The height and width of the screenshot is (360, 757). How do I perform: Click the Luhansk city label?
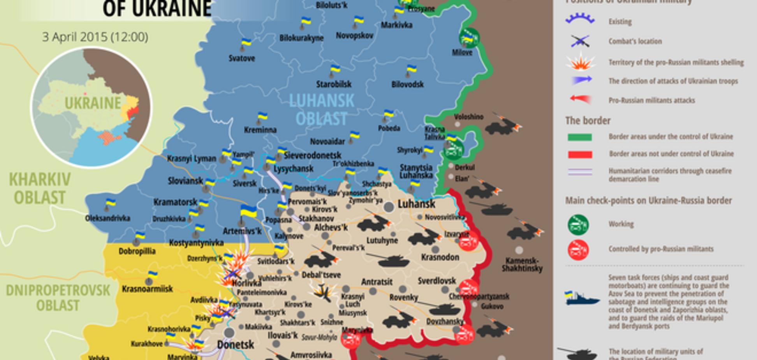tap(416, 204)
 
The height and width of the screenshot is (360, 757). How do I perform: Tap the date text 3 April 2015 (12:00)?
tap(95, 37)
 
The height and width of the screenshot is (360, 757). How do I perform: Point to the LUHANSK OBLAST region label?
tap(321, 109)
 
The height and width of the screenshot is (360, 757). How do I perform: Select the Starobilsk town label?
tap(334, 84)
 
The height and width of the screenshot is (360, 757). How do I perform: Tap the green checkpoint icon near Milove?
tap(468, 38)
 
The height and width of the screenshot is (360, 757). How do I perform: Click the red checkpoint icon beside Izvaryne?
tap(468, 241)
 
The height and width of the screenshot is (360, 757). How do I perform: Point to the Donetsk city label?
tap(236, 344)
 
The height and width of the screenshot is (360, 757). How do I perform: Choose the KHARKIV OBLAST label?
tap(40, 189)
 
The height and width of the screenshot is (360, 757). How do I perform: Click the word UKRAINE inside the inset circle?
tap(93, 103)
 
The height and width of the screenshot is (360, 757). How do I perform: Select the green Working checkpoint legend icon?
tap(578, 225)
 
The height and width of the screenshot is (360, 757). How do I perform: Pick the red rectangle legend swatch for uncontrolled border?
tap(580, 155)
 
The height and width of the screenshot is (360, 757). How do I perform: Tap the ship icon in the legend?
tap(582, 298)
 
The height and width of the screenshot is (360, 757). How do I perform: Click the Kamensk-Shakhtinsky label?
tap(522, 265)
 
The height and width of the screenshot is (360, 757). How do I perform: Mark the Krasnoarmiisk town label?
tap(147, 289)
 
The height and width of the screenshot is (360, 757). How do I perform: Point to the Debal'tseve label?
tap(321, 275)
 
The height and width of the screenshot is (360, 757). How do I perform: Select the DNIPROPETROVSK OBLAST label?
tap(58, 298)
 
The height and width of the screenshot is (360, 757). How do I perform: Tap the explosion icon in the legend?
tap(580, 62)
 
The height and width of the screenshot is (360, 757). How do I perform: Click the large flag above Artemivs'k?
tap(248, 212)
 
